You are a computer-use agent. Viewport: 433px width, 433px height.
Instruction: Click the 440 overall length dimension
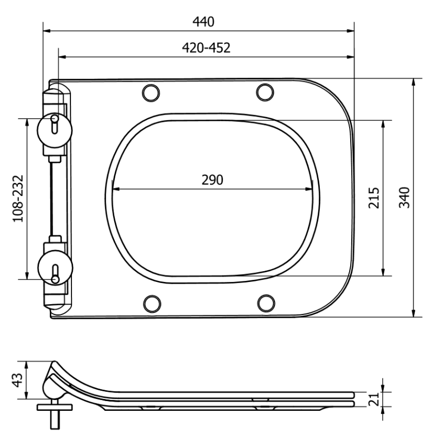[204, 22]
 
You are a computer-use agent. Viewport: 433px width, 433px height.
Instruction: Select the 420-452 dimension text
[206, 48]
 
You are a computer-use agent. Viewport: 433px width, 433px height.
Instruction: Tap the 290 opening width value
[212, 180]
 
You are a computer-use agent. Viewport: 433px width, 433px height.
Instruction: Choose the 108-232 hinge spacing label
[18, 198]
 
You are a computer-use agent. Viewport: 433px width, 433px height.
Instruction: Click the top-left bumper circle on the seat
[151, 93]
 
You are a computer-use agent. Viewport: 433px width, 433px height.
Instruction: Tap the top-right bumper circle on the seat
[265, 93]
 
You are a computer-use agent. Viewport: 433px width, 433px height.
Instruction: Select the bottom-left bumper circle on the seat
[151, 304]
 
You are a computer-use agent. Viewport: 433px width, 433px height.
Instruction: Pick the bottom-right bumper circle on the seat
[265, 304]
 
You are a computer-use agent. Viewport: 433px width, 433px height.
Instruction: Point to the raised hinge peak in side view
[53, 364]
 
